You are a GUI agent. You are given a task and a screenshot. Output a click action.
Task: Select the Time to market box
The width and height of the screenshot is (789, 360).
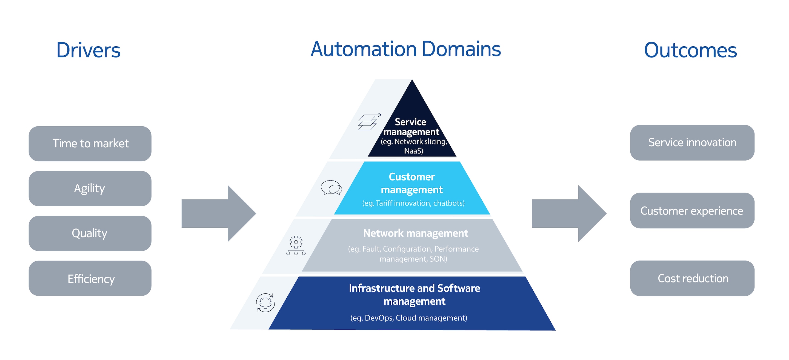pos(90,144)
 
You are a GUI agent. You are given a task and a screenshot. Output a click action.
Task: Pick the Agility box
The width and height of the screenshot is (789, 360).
pos(90,188)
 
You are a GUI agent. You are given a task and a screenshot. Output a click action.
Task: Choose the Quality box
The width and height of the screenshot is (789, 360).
pos(90,233)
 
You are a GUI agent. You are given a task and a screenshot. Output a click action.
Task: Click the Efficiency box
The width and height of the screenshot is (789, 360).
pos(90,279)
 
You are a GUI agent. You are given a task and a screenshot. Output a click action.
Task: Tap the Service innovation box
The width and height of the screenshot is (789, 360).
pos(692,142)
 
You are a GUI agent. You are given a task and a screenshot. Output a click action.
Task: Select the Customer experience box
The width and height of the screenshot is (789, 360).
pos(692,210)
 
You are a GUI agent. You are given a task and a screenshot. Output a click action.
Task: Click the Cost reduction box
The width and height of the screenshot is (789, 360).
pos(692,278)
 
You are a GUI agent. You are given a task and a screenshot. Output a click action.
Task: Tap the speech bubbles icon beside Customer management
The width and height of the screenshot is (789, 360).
pos(331,187)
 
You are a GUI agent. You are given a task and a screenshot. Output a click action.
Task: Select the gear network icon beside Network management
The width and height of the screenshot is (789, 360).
pos(296,245)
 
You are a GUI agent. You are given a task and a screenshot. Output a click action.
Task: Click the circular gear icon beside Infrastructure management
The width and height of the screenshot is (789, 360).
pos(265,303)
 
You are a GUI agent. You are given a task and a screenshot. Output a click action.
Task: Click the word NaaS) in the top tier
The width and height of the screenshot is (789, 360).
pos(413,151)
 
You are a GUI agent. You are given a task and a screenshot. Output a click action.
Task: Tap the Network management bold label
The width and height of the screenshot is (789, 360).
pos(415,233)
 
